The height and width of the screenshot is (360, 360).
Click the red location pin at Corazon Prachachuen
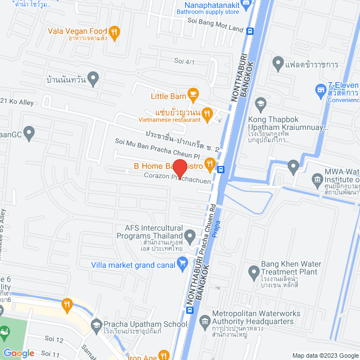click(x=179, y=168)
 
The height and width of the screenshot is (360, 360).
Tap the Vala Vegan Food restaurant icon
click(x=114, y=31)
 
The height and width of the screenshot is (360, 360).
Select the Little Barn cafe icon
click(x=192, y=94)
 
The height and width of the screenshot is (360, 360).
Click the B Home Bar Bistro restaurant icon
click(x=210, y=164)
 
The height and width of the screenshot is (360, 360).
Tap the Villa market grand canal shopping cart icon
click(x=182, y=262)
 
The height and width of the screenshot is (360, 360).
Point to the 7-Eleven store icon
click(x=321, y=89)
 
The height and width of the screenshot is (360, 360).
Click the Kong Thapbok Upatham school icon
click(x=260, y=103)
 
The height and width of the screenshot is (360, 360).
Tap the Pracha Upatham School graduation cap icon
click(x=96, y=325)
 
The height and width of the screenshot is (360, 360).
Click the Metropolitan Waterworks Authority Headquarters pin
click(x=205, y=317)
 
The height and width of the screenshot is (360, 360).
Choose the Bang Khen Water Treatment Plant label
click(x=289, y=268)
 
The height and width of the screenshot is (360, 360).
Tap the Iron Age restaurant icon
click(x=164, y=355)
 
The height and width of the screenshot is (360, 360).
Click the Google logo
click(x=19, y=353)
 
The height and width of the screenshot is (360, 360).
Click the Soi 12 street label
click(x=56, y=339)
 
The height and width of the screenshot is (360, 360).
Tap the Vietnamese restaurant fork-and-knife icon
click(x=206, y=114)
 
